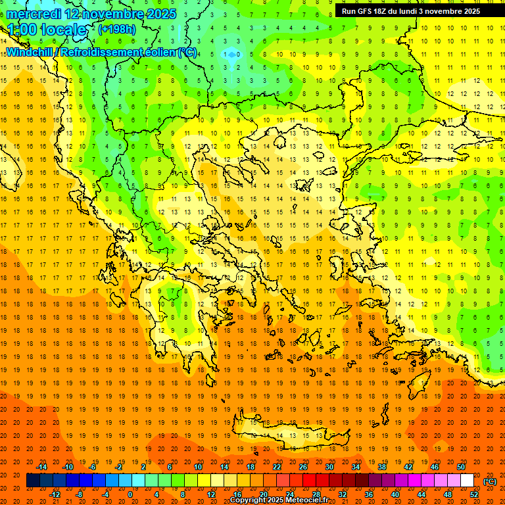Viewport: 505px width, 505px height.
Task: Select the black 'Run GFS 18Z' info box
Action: (410, 11)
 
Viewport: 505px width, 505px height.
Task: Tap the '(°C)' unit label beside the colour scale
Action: (490, 481)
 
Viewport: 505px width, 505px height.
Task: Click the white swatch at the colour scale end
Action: (468, 481)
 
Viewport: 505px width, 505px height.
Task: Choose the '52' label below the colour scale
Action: (474, 494)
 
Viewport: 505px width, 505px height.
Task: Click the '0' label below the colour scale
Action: (130, 494)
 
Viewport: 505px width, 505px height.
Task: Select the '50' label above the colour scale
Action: (461, 467)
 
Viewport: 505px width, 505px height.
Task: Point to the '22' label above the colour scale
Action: (277, 467)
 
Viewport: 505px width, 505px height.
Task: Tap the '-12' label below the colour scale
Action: (55, 494)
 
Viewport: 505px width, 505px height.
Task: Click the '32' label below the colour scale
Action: (343, 494)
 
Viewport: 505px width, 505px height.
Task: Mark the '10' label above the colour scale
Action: (198, 467)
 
